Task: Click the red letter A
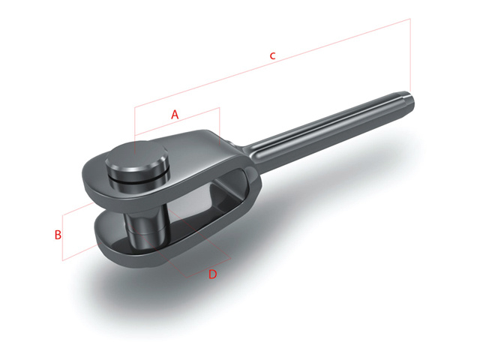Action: [175, 115]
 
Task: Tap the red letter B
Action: [58, 235]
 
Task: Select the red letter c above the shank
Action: [273, 55]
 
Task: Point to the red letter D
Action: [212, 274]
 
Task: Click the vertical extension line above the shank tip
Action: [411, 52]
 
